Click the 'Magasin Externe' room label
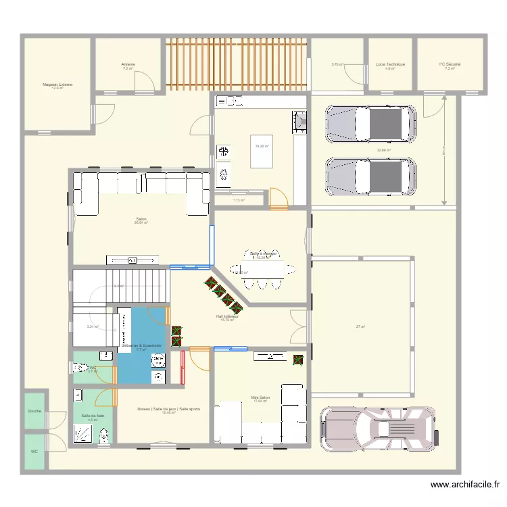tap(57, 84)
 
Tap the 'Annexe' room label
tap(128, 65)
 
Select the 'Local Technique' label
tap(390, 65)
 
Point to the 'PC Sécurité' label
tap(450, 65)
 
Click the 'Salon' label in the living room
tap(141, 219)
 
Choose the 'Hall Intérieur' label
tap(226, 316)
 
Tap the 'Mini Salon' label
tap(261, 398)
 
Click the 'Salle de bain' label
tap(93, 416)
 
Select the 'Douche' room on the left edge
tap(34, 411)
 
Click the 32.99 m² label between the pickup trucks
tap(383, 150)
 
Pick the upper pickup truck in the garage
tap(370, 124)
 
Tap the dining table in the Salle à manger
tap(263, 269)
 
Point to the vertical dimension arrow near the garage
tap(444, 149)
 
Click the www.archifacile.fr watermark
tap(465, 485)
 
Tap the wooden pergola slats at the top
tap(237, 64)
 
